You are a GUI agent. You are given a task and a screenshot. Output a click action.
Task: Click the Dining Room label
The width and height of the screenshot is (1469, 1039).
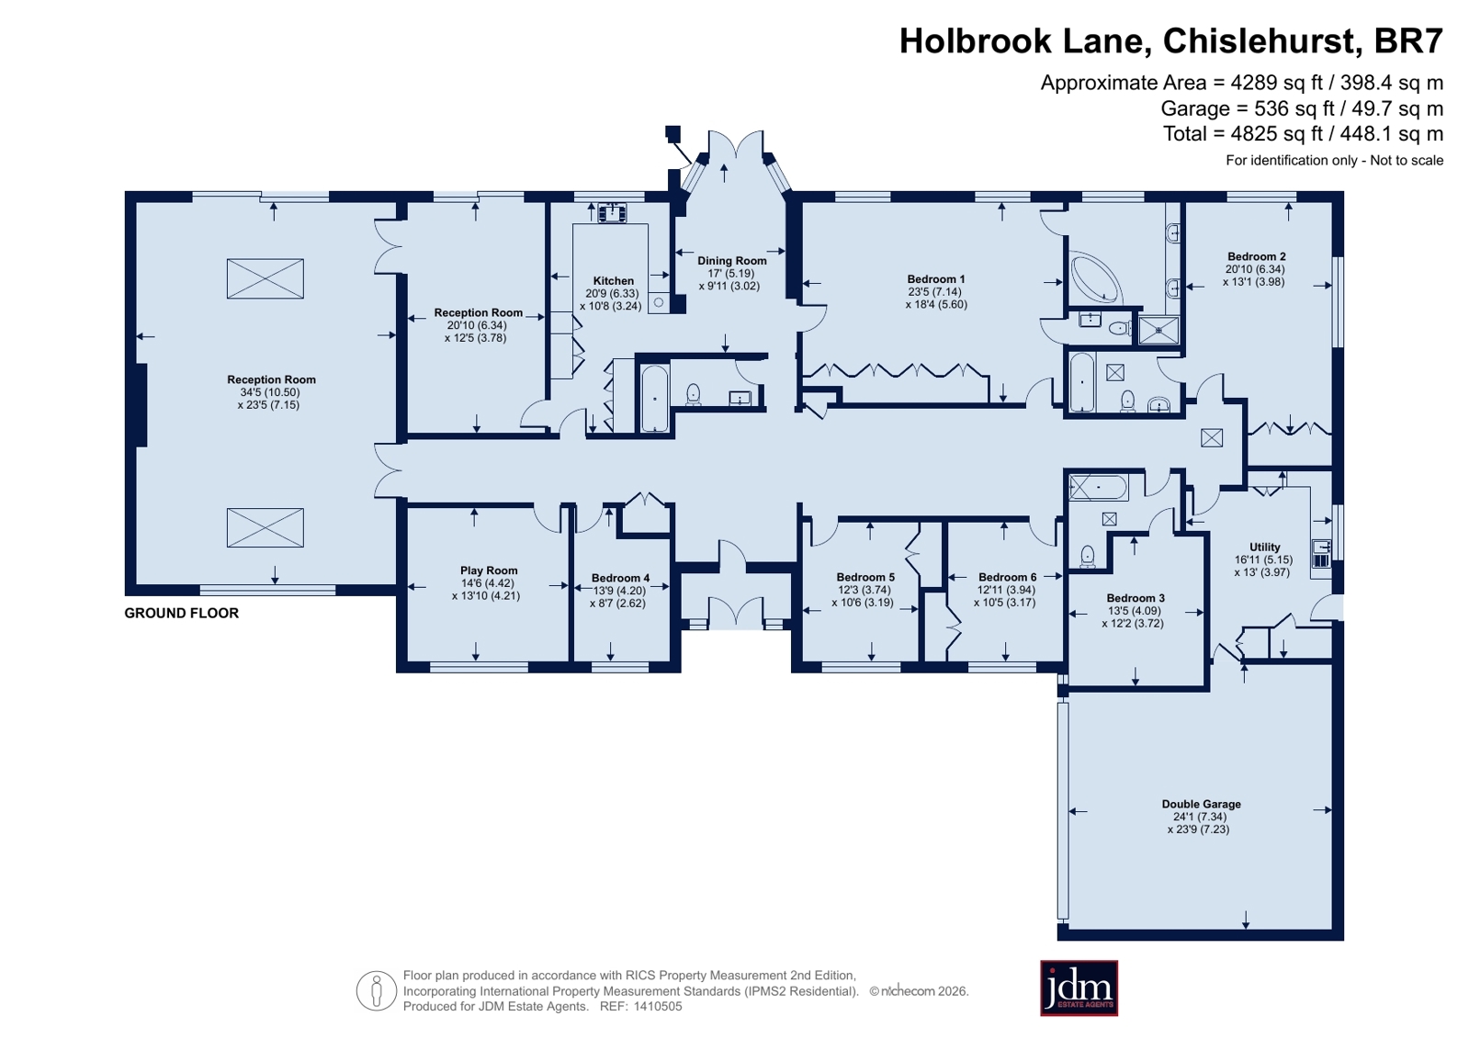coord(731,260)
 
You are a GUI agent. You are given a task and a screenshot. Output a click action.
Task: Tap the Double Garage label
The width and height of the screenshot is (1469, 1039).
coord(1201,804)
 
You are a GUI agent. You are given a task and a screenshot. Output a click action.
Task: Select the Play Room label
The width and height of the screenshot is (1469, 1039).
coord(489,570)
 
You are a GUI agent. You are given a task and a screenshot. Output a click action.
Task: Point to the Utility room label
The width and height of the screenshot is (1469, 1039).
coord(1264,547)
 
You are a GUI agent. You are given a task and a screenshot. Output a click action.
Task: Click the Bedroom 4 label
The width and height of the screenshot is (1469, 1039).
coord(620,578)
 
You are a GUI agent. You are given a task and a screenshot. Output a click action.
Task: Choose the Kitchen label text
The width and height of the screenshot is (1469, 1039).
coord(613,281)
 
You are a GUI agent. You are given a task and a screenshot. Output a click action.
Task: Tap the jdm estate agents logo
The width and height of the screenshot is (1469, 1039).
coord(1079,988)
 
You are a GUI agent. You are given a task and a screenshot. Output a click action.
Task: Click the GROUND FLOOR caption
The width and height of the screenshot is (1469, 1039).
coord(182,614)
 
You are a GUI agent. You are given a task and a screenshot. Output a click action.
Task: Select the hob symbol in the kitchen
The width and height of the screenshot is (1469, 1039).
coord(612,212)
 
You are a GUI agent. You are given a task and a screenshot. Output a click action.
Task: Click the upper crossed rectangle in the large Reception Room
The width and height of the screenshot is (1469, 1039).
coord(265,278)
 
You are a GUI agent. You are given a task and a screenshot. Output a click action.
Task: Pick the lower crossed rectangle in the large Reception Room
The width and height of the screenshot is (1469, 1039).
coord(265,527)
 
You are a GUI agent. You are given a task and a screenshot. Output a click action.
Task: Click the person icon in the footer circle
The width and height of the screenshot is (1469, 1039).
coord(377,990)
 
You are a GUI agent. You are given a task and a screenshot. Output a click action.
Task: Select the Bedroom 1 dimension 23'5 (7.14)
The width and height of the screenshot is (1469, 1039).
coord(935,292)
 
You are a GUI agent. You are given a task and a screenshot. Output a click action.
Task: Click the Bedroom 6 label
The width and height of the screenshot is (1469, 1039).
coord(1007,577)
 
